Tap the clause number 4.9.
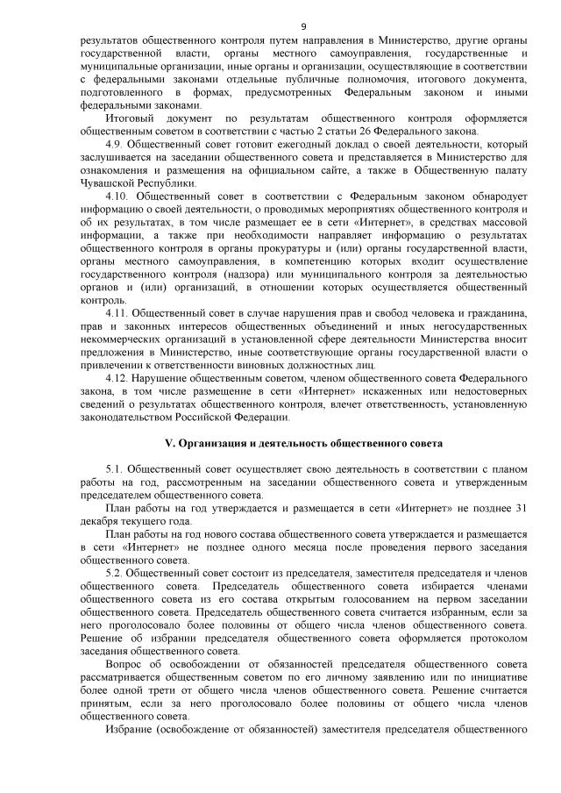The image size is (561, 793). [114, 142]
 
